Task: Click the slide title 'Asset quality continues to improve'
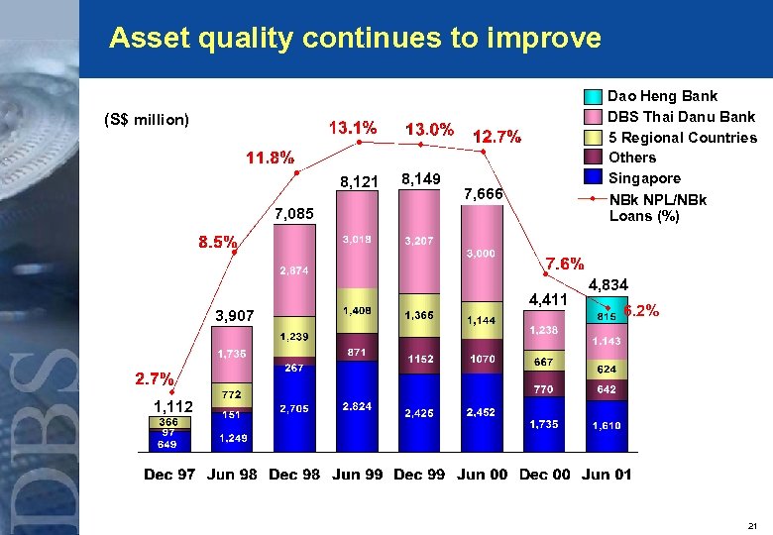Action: [355, 39]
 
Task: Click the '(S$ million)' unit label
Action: [147, 120]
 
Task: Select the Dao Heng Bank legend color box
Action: [592, 97]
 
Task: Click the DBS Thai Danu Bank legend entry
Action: [681, 117]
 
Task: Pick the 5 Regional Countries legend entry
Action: [682, 138]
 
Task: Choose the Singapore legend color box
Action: [592, 178]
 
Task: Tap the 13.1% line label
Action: [353, 128]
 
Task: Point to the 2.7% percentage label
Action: [156, 378]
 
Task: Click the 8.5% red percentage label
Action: [218, 241]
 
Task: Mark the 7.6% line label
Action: [566, 264]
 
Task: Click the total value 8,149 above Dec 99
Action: [421, 179]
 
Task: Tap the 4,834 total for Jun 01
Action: [607, 285]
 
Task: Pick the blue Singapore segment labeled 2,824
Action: [357, 407]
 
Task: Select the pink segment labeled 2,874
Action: [295, 270]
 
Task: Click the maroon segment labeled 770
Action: [543, 389]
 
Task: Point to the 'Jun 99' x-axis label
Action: [358, 475]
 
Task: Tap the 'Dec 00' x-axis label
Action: [544, 475]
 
